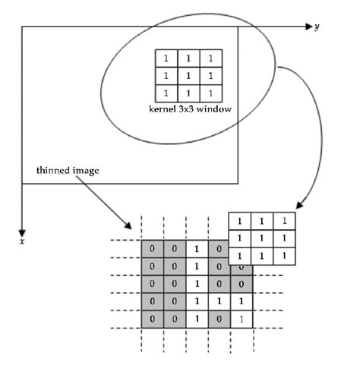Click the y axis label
[x=317, y=27]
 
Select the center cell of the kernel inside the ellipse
[x=188, y=75]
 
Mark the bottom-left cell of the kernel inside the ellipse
[x=166, y=93]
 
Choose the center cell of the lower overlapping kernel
[x=262, y=238]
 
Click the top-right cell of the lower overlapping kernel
[x=284, y=222]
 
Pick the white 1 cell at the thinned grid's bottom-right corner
[x=241, y=319]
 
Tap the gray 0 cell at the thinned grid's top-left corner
[x=152, y=248]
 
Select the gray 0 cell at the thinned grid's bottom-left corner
[x=152, y=319]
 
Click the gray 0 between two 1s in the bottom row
[x=219, y=319]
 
